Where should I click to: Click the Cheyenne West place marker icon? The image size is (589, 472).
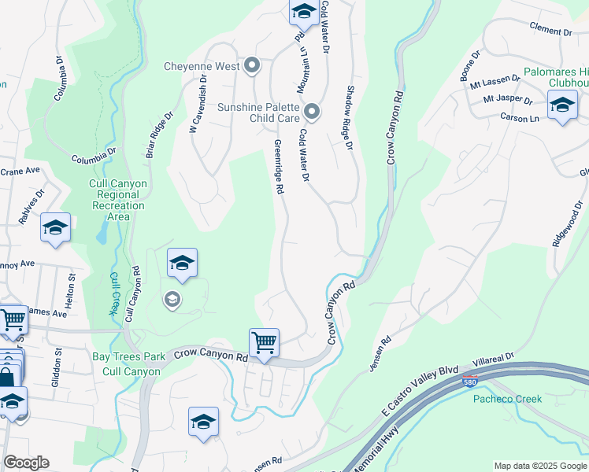(252, 66)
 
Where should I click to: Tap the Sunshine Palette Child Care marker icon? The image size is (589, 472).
(312, 112)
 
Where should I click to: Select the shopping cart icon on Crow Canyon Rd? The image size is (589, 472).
(264, 343)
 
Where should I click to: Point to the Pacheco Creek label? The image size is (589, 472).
(507, 399)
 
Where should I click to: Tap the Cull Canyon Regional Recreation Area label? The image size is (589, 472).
(117, 200)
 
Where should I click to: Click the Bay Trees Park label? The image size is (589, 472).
(128, 356)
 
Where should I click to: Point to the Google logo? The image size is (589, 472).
(26, 463)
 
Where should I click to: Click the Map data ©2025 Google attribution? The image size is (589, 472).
(540, 466)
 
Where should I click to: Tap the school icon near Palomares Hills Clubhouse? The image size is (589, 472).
(562, 105)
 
